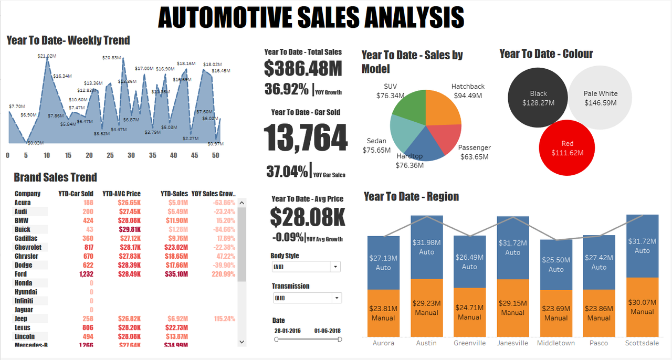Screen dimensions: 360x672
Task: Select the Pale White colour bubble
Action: [601, 98]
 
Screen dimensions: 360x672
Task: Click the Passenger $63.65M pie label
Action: [475, 152]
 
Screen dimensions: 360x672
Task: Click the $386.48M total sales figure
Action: [303, 68]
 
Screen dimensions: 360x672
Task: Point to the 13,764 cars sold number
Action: [306, 139]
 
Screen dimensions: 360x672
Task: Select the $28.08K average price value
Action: [308, 217]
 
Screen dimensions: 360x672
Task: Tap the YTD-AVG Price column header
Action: [121, 194]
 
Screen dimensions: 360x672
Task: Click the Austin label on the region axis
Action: [426, 343]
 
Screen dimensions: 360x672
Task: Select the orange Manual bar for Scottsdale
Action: [642, 307]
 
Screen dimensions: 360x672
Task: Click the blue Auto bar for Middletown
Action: [556, 264]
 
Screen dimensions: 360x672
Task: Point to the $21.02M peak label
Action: [47, 56]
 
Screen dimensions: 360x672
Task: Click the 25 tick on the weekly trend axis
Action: [110, 155]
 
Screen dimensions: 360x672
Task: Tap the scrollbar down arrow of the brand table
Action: [241, 342]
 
